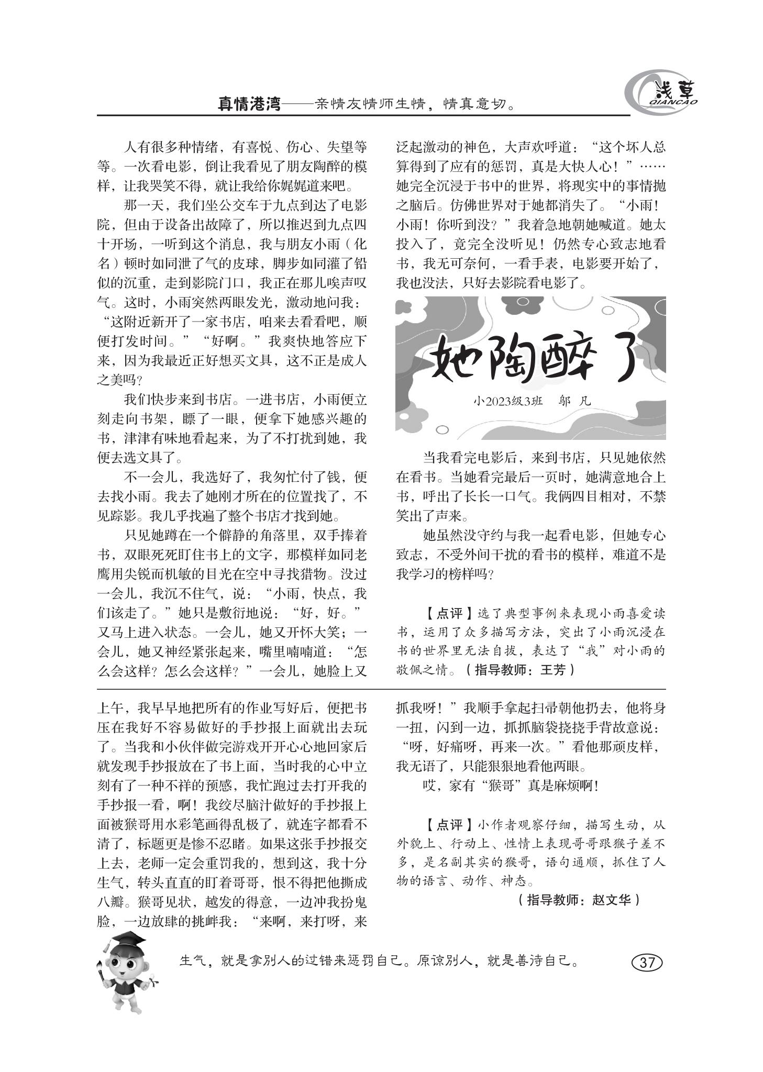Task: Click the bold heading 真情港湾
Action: coord(249,103)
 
